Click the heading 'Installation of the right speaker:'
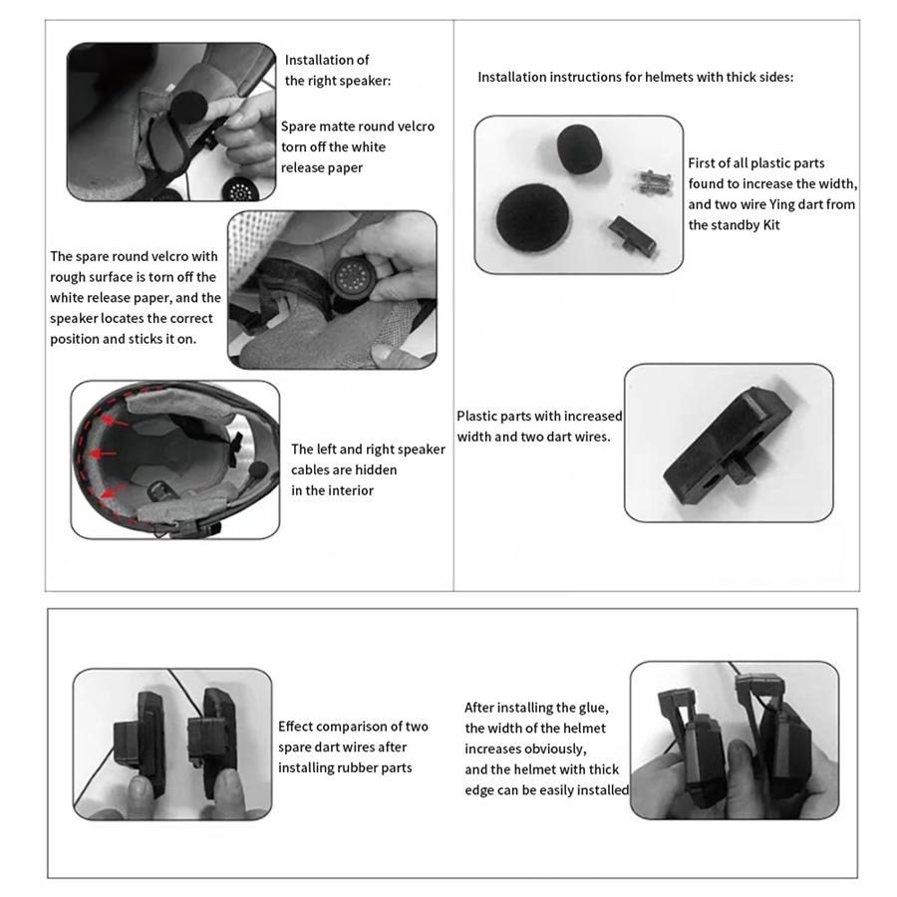335,70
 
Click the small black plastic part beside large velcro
631,234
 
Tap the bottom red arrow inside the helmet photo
114,489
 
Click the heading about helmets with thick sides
635,77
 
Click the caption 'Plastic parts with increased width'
539,416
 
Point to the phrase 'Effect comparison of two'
353,727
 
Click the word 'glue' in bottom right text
592,708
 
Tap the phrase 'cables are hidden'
343,469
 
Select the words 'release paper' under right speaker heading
321,167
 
